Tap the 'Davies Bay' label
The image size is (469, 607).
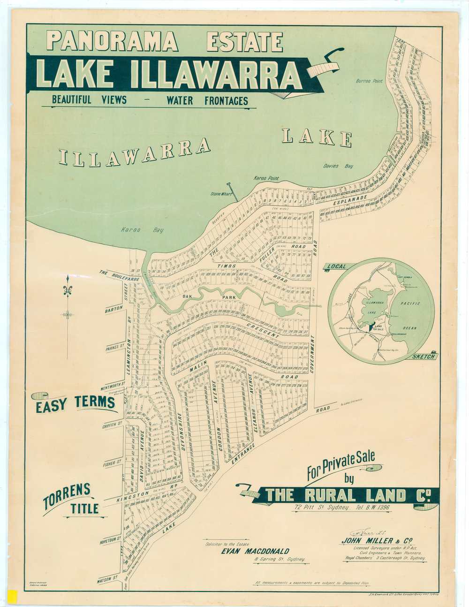click(338, 166)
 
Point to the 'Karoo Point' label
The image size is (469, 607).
click(266, 179)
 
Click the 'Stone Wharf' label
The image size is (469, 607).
click(221, 193)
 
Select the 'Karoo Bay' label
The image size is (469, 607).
click(134, 230)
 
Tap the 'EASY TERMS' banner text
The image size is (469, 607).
click(76, 403)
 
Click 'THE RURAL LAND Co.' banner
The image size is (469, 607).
click(345, 495)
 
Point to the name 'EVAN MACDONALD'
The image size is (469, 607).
click(255, 551)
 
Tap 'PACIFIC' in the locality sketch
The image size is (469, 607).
click(411, 304)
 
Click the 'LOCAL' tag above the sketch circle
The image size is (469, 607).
click(336, 266)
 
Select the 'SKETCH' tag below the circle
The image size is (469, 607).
click(424, 357)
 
